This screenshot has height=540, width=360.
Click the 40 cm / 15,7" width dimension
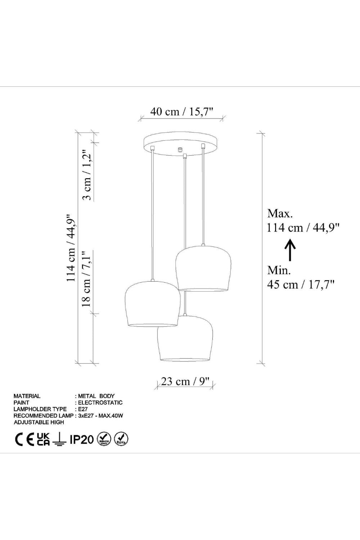tap(182, 112)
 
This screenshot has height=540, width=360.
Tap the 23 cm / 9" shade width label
tap(185, 381)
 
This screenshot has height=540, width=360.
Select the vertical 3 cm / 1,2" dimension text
tap(87, 175)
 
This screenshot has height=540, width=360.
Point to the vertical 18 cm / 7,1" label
tap(86, 279)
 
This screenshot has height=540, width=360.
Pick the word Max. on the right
tap(280, 213)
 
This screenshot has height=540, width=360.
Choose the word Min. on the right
tap(279, 270)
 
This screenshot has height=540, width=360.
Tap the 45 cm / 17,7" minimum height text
tap(301, 284)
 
